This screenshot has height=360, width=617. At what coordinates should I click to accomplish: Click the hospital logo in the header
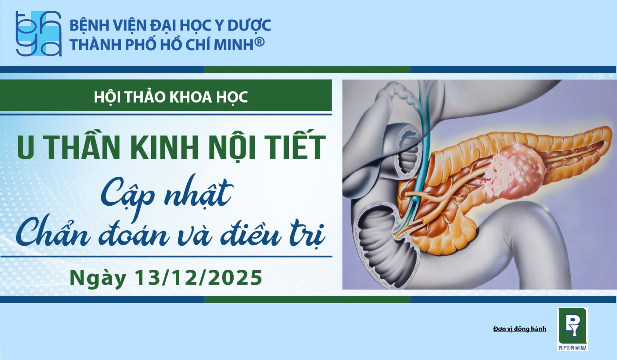pos(39,33)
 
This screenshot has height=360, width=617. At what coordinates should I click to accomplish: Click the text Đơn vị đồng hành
pos(519,329)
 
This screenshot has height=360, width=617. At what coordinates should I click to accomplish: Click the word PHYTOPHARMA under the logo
pos(572,348)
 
